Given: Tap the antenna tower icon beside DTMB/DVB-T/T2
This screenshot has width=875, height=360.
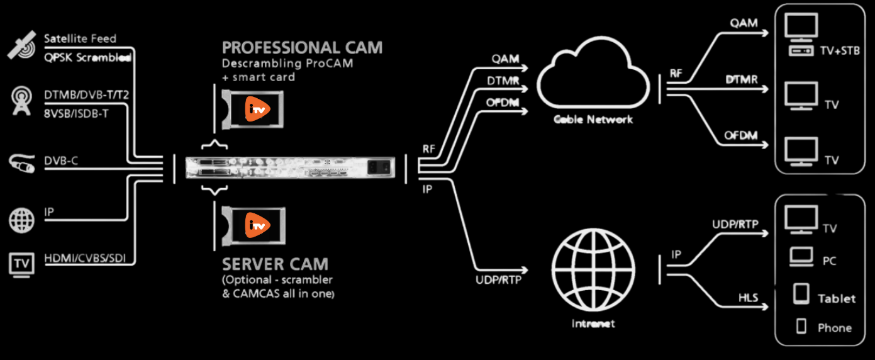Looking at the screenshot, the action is (21, 101).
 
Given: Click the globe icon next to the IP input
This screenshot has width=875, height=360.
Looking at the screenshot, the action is (21, 220).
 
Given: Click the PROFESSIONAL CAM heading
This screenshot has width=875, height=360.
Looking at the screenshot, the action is (302, 48).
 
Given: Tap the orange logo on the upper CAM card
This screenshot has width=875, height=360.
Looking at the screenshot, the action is (257, 109).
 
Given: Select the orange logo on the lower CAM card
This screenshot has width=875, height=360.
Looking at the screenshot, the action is (257, 224).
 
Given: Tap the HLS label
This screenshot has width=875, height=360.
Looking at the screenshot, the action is (748, 297).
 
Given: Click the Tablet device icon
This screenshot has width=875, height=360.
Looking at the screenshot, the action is (801, 294).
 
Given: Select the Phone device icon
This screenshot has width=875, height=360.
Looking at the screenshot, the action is (801, 326).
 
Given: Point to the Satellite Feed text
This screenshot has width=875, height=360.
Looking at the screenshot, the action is (80, 38).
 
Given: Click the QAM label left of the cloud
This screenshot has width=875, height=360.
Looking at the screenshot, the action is (506, 59).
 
